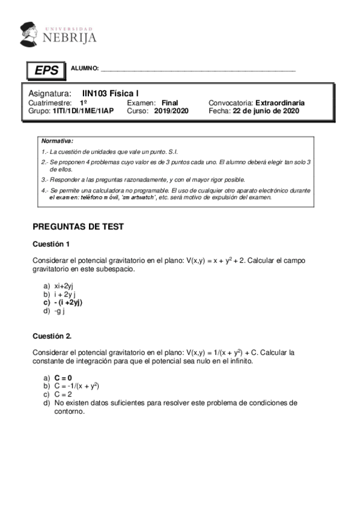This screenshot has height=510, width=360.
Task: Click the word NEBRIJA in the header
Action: click(69, 38)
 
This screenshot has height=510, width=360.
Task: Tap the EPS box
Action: click(46, 70)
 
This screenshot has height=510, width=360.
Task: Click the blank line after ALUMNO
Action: click(198, 70)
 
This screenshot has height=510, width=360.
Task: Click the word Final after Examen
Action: click(169, 103)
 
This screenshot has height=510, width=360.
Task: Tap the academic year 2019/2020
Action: click(171, 111)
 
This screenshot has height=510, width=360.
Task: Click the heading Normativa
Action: click(57, 140)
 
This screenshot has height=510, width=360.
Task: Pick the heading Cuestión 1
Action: click(51, 244)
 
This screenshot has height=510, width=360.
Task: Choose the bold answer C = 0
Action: click(63, 377)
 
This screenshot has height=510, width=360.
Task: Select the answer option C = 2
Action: click(63, 394)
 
